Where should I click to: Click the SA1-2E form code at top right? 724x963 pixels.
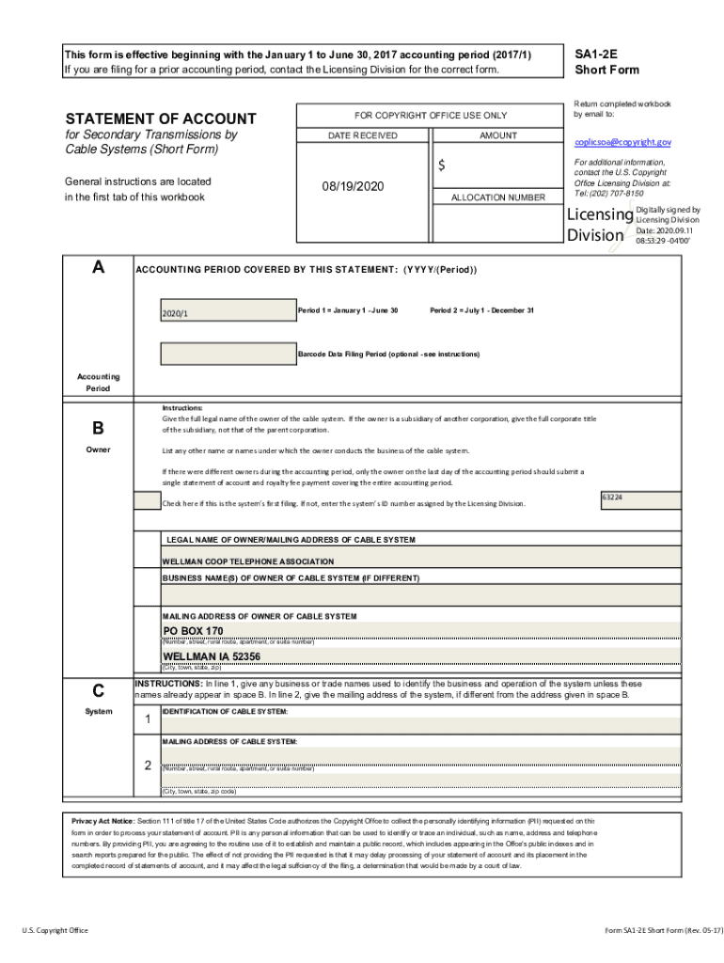coord(595,55)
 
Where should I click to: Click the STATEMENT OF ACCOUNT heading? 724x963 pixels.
coord(160,118)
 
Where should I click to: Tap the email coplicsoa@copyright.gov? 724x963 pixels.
coord(622,142)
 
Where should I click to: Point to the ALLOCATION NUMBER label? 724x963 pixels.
coord(497,197)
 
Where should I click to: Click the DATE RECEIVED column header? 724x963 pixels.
coord(362,135)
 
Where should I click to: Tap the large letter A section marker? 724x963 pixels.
coord(98,267)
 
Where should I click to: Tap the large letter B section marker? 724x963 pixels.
coord(98,429)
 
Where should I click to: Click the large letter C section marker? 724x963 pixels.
coord(98,689)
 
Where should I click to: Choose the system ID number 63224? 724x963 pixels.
coord(612,497)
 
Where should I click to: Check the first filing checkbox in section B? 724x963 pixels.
coord(147,501)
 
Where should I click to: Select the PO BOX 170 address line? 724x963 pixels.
coord(193,630)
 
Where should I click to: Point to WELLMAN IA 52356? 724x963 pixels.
coord(212,655)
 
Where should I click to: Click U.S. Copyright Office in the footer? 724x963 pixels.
coord(55,930)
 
